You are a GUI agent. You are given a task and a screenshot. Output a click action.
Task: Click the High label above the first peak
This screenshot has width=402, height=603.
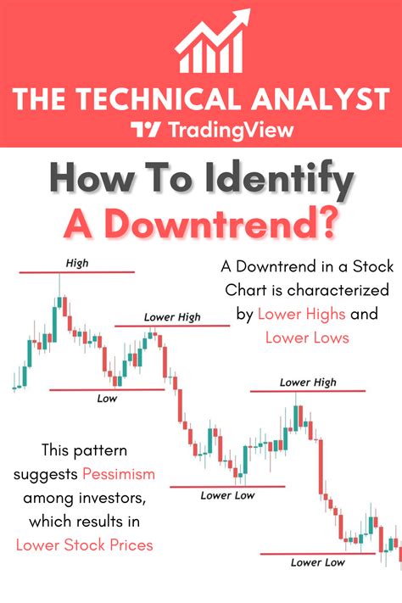[75, 264]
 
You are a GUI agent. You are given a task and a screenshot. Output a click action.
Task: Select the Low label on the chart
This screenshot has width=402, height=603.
[107, 398]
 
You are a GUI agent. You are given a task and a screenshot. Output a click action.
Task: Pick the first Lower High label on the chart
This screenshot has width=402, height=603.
[172, 317]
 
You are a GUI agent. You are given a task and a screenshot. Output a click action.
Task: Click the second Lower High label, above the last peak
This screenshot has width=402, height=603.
[308, 382]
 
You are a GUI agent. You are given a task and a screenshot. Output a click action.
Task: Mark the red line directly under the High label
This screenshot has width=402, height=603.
[75, 272]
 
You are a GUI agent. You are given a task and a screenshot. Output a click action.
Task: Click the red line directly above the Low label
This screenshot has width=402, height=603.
[107, 389]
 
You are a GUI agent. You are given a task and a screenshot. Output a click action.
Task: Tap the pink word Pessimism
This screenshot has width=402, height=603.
[118, 472]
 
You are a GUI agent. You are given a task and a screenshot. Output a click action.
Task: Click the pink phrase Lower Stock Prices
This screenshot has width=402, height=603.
[85, 544]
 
